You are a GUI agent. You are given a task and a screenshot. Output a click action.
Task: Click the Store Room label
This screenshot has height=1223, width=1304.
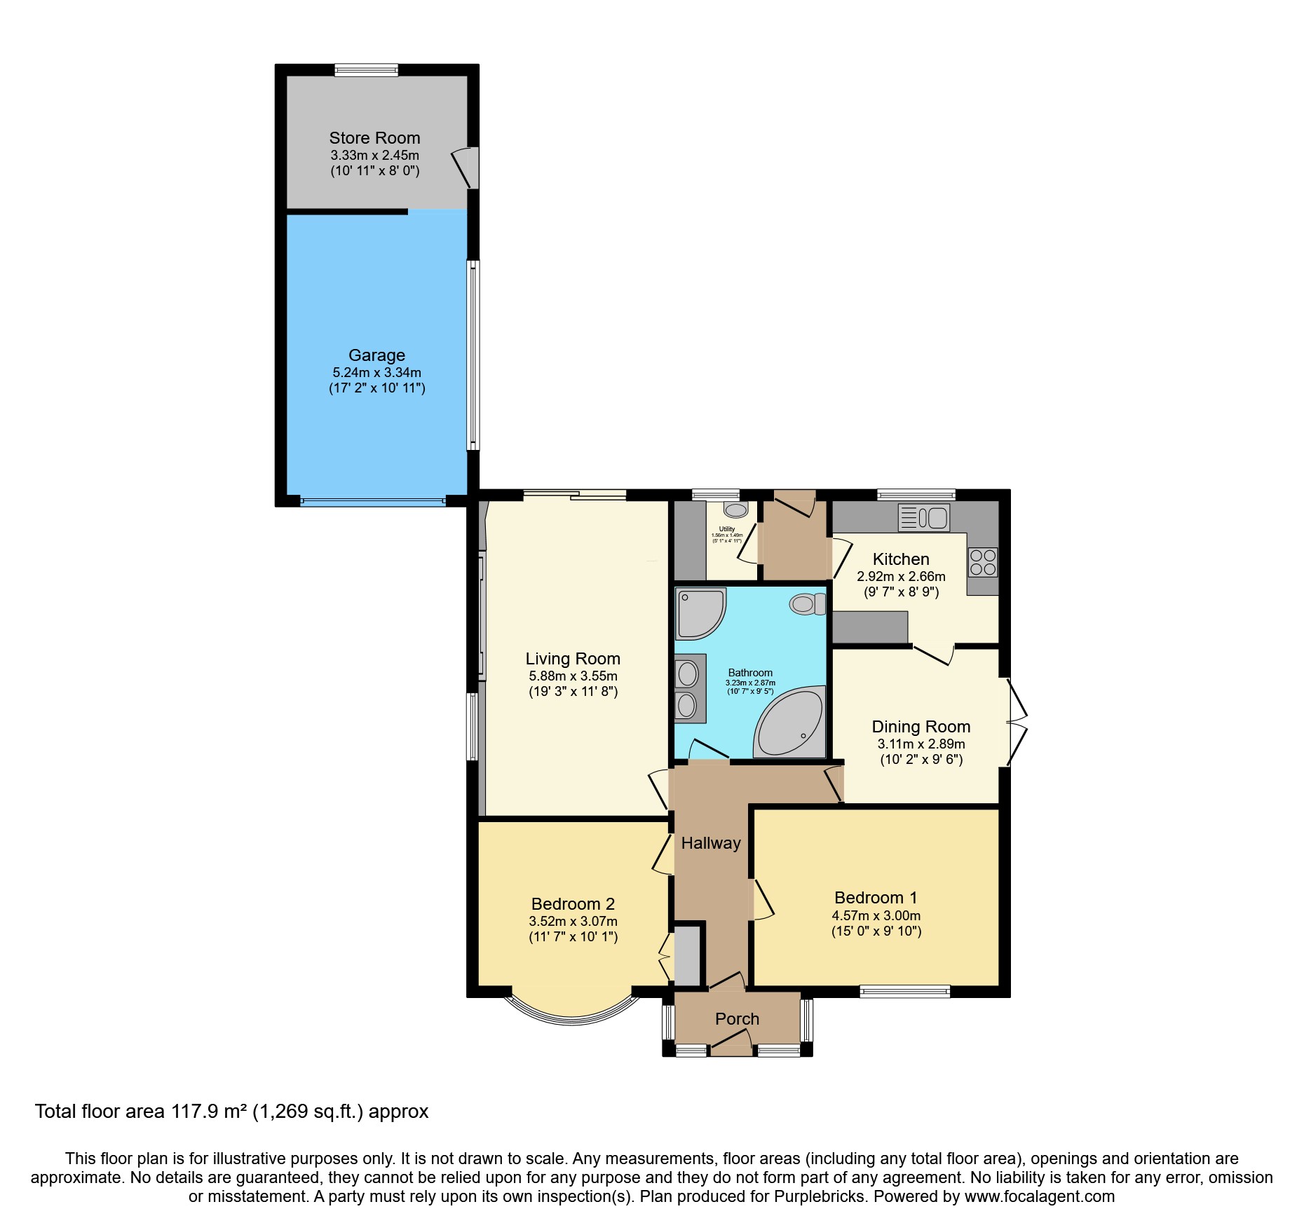[x=374, y=138]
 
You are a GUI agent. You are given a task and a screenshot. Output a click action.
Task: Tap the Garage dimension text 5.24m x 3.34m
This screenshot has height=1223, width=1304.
[x=376, y=373]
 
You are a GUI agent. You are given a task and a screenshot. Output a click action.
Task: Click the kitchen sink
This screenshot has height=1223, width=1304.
[x=924, y=518]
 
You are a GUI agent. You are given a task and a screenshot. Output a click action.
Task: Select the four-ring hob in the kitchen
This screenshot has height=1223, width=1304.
[x=983, y=561]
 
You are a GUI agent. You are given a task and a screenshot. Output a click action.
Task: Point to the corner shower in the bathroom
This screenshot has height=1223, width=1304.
[x=699, y=613]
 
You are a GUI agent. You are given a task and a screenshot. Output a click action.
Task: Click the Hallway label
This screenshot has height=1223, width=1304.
[x=711, y=843]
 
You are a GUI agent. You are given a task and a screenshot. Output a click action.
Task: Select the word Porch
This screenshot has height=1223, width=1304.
[x=737, y=1019]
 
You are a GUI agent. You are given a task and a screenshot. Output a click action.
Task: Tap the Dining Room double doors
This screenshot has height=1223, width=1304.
[x=1017, y=722]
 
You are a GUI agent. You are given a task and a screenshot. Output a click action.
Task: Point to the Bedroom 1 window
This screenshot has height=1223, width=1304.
[x=904, y=991]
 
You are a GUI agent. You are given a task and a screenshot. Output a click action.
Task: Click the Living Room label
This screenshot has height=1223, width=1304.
[x=573, y=659]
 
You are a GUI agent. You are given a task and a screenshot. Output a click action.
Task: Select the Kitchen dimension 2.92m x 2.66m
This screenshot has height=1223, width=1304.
[x=901, y=577]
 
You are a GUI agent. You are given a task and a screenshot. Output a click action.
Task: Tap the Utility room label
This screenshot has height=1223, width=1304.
[x=727, y=529]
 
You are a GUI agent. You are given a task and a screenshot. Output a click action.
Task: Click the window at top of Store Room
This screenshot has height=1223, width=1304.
[x=366, y=70]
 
